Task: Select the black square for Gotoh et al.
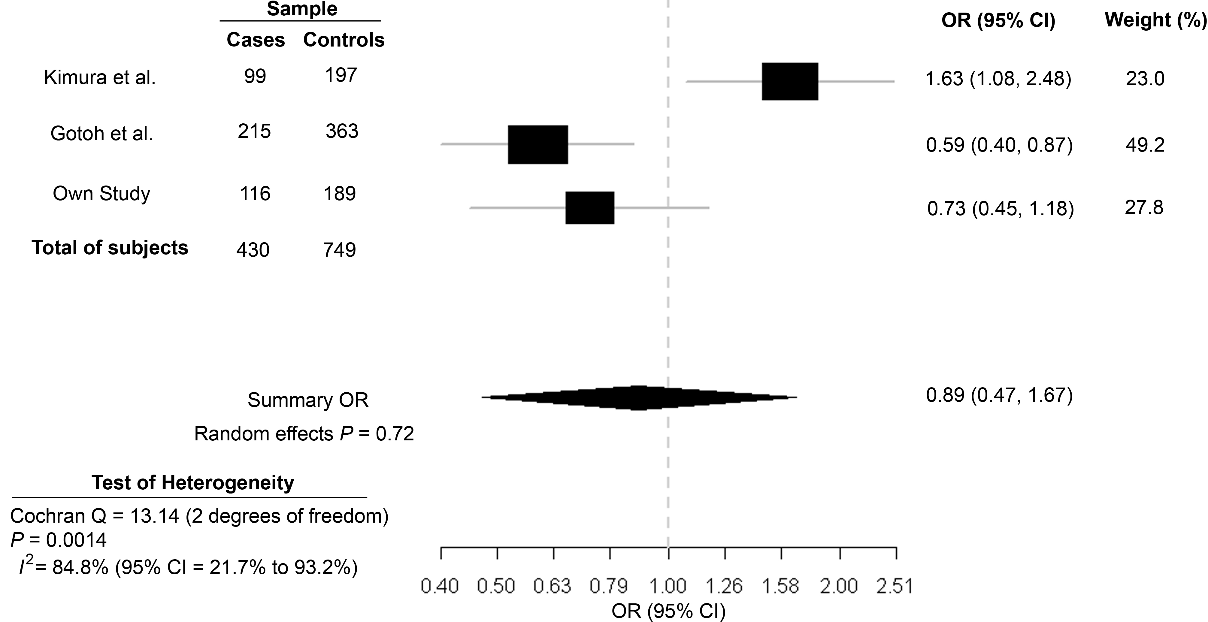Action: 538,144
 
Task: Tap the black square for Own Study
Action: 589,208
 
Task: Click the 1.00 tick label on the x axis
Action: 668,586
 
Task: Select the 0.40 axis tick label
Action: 440,586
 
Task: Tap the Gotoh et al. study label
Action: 102,134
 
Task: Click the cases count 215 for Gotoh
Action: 254,131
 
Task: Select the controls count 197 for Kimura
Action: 341,75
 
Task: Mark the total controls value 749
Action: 340,250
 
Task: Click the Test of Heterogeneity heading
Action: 193,482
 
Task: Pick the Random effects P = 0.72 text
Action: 304,434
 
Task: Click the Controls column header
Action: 344,40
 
